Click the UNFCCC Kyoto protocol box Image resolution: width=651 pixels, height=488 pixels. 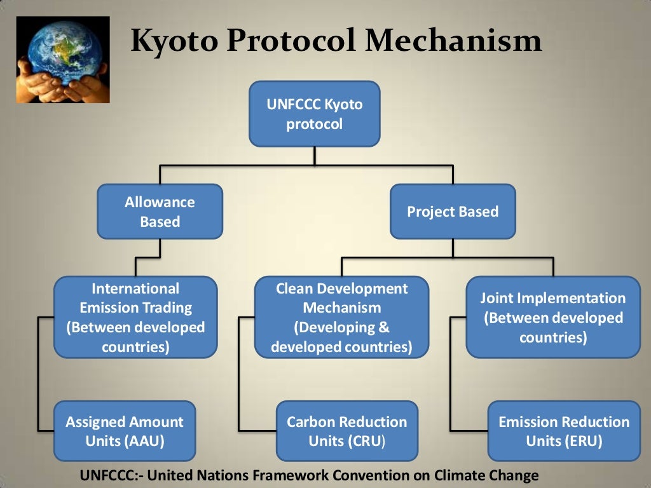point(314,114)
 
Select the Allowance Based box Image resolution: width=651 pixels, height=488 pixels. point(160,212)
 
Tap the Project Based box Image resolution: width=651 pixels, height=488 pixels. point(453,212)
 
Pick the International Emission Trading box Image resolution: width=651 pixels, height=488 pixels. point(135,317)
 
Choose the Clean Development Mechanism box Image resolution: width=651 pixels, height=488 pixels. point(341,317)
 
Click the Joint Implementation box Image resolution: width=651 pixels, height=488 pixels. point(552,317)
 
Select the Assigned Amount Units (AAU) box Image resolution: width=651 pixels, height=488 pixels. point(125,431)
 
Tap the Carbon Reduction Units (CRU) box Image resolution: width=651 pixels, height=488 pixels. point(346,431)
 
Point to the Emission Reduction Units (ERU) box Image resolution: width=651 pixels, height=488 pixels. point(564,431)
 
